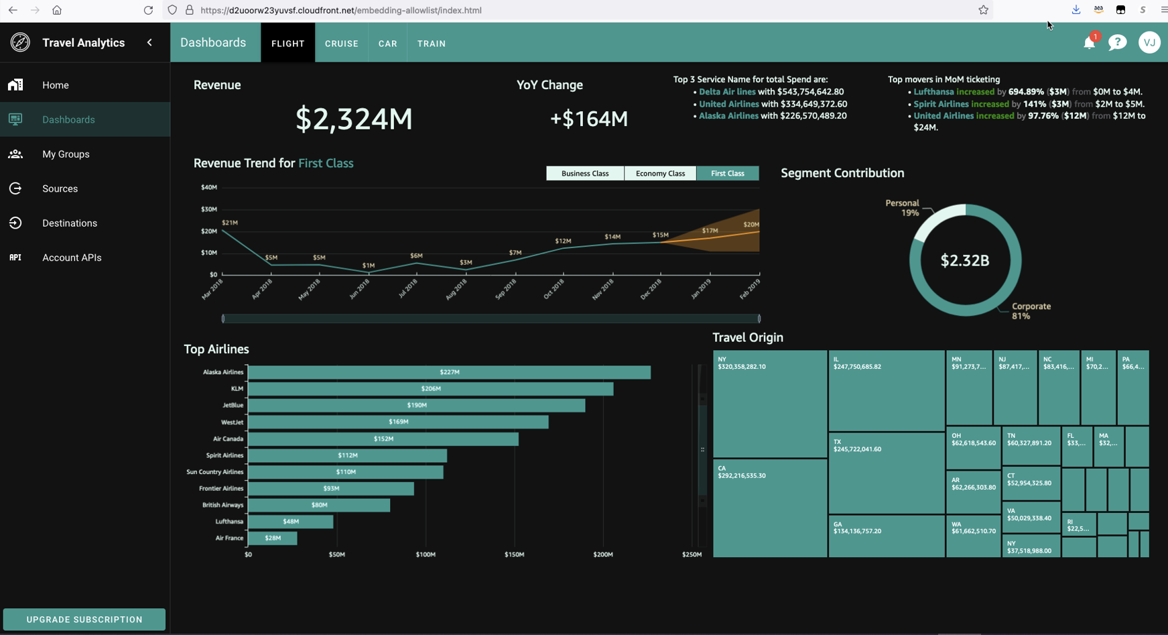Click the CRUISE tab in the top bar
(x=341, y=44)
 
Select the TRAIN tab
(x=431, y=44)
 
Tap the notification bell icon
(x=1089, y=43)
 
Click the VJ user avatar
(x=1149, y=43)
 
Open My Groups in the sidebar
(x=66, y=154)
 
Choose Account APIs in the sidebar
(x=72, y=257)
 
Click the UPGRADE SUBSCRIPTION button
(x=84, y=620)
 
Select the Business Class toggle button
(x=585, y=174)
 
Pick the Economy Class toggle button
(x=660, y=174)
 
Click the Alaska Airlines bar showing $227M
(x=449, y=372)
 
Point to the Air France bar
(x=273, y=538)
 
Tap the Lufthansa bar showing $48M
(x=290, y=522)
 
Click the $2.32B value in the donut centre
(x=965, y=261)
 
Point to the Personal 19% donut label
(x=903, y=208)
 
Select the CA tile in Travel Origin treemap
(x=769, y=508)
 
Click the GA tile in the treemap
(x=886, y=535)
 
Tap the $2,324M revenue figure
(x=354, y=119)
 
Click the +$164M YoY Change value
(x=589, y=119)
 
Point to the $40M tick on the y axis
(x=209, y=188)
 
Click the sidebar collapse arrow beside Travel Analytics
(x=149, y=43)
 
